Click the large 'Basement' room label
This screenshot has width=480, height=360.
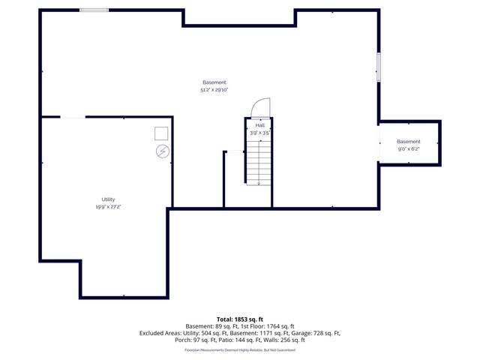point(214,82)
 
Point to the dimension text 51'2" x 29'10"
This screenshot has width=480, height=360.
point(214,90)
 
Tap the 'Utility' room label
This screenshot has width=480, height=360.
point(108,199)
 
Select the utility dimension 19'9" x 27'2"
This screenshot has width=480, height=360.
point(108,206)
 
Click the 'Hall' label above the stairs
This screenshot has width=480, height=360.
point(259,125)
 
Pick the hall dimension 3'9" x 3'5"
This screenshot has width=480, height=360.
point(259,133)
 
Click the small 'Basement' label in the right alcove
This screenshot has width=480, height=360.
point(409,142)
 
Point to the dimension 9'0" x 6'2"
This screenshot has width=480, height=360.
point(409,149)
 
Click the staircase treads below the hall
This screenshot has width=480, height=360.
point(259,161)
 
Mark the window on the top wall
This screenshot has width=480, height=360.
point(94,10)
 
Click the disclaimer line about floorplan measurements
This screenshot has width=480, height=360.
point(240,349)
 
